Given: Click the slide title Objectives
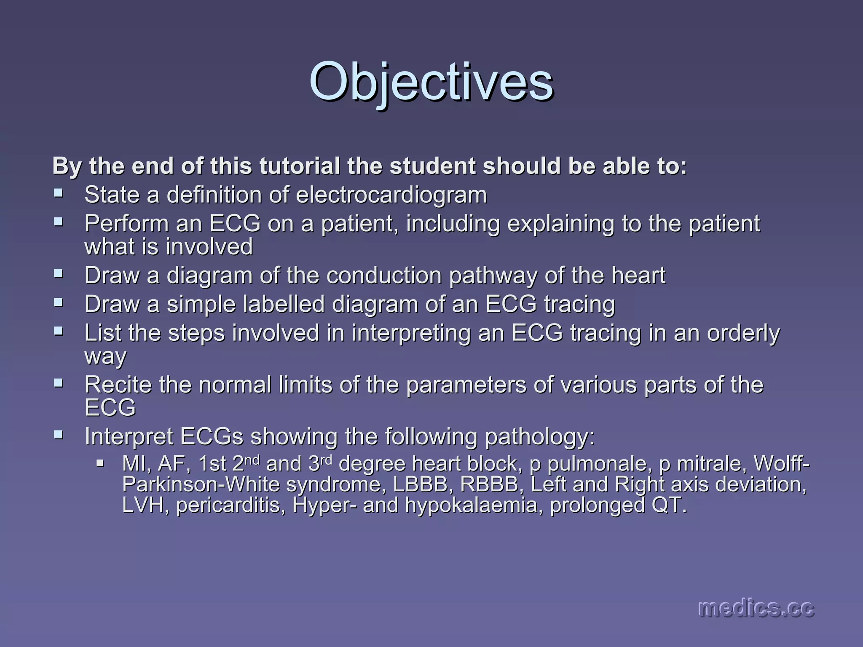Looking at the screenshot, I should [x=431, y=81].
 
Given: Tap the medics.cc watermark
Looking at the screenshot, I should [x=756, y=608].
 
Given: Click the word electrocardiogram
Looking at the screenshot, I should [x=391, y=195].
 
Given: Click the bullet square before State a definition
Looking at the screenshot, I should [x=59, y=194].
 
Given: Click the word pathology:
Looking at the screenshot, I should [x=540, y=437].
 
